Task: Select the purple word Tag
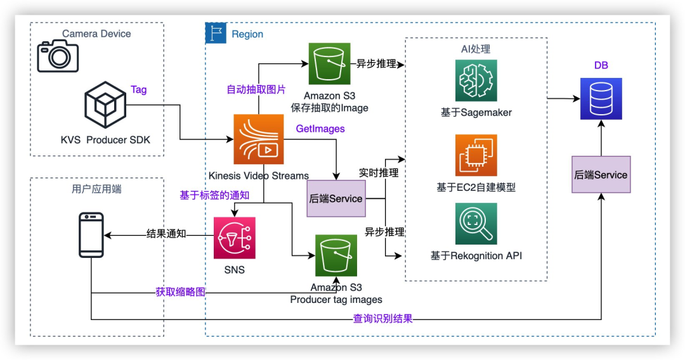point(139,89)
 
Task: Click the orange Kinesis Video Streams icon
point(258,139)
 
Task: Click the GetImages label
point(320,129)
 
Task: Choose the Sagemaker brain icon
point(476,80)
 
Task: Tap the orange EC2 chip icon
point(476,155)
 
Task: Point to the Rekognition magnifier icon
point(476,224)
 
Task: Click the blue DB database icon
point(601,99)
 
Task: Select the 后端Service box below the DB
point(601,175)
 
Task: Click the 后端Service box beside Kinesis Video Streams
point(336,198)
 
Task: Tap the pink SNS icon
point(235,238)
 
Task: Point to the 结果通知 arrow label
point(166,233)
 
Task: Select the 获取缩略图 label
point(180,292)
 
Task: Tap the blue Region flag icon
point(216,33)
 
